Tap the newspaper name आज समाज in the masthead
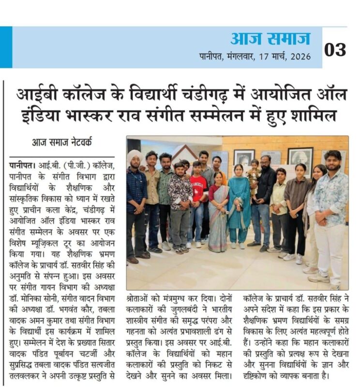point(270,38)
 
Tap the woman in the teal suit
point(239,203)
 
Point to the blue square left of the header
point(6,47)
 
